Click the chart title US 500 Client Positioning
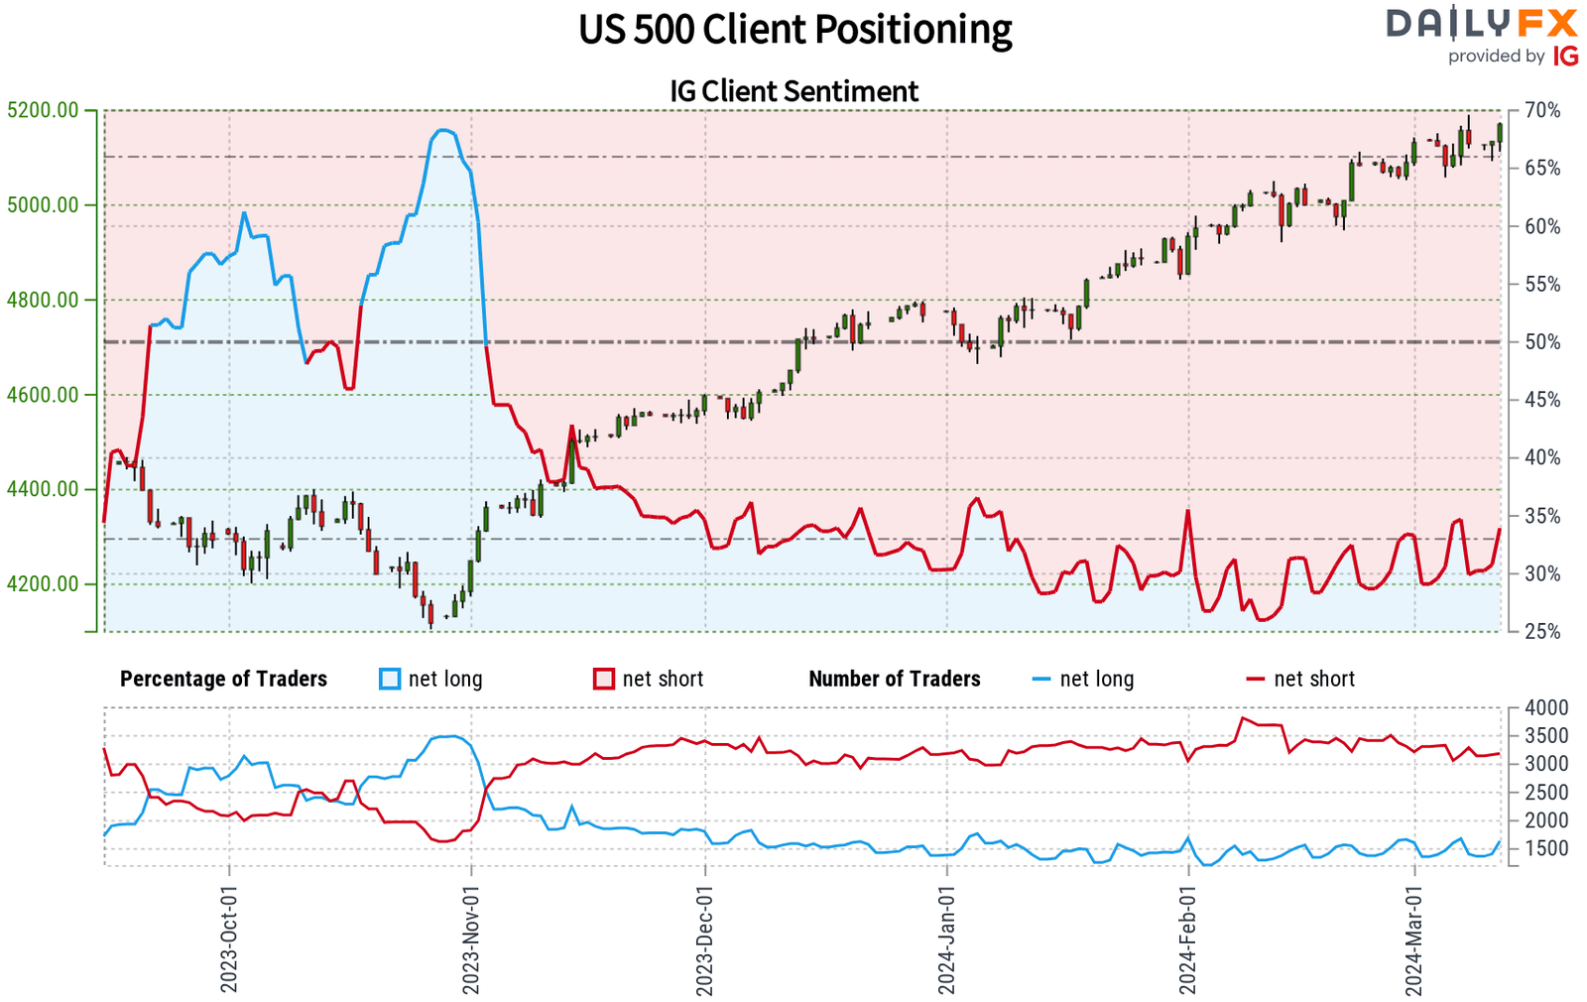click(794, 30)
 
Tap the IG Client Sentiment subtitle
click(793, 91)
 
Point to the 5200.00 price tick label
click(43, 110)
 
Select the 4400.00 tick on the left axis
click(43, 489)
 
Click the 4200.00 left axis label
click(43, 583)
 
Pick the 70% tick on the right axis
click(1541, 110)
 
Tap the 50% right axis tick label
click(1541, 342)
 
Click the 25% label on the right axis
click(1541, 632)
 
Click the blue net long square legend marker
click(390, 679)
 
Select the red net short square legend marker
click(604, 679)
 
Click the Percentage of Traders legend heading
click(223, 679)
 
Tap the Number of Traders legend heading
click(894, 679)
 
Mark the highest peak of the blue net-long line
click(443, 130)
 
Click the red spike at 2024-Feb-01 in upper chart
click(1187, 511)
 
